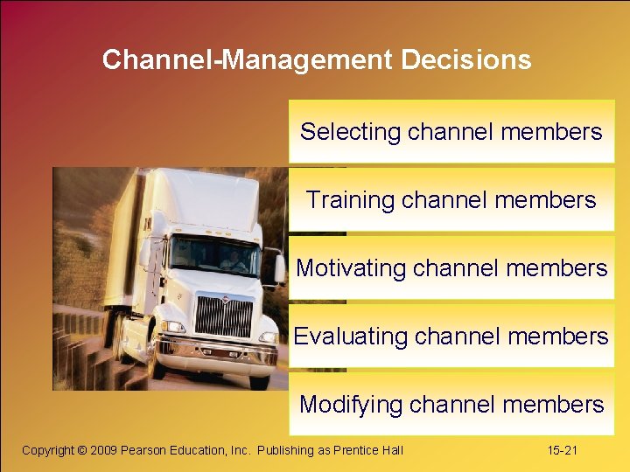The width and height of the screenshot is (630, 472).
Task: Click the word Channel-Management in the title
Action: point(248,59)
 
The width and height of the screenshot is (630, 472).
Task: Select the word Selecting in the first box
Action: point(350,132)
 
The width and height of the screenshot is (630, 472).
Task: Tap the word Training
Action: point(350,200)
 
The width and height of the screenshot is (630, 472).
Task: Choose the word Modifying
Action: point(350,405)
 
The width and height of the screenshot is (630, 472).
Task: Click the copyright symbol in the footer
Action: point(83,450)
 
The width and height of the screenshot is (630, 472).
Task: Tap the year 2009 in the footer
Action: point(105,450)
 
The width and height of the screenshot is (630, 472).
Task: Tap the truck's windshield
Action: point(213,255)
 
